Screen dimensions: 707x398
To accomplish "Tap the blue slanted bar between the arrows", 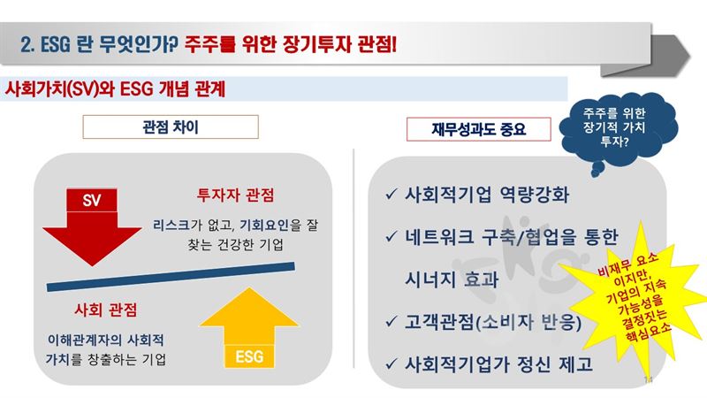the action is (x=171, y=277).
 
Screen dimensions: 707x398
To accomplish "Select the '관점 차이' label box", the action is (x=171, y=126).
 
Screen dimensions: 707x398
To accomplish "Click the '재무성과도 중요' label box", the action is (x=478, y=129).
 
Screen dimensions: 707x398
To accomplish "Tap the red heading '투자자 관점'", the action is (x=235, y=195).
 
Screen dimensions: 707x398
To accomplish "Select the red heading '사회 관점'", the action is (x=105, y=310).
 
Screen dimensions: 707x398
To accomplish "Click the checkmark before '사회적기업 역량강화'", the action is (x=391, y=195).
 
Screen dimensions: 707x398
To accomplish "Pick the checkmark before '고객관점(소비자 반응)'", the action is (x=391, y=322).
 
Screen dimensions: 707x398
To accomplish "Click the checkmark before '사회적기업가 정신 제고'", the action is (x=391, y=364).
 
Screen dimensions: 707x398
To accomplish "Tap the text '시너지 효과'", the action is (x=452, y=279).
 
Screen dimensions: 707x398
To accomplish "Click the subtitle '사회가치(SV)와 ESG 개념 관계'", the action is (x=115, y=89).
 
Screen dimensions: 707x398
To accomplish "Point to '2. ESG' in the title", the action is (x=45, y=44).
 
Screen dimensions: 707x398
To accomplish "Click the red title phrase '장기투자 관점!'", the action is (x=339, y=44).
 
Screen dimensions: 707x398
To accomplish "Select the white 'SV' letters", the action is (x=92, y=200).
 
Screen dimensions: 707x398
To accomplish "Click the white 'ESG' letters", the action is (x=249, y=356).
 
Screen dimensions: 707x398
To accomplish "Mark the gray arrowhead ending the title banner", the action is (x=671, y=56).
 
